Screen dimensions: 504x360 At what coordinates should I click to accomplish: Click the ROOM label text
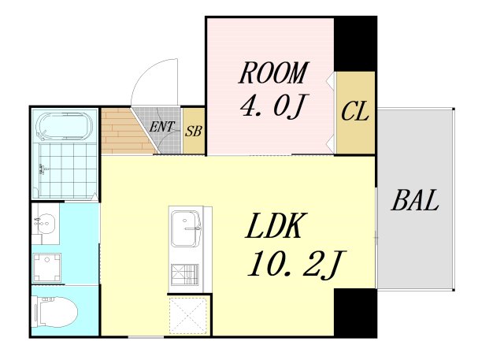coord(273,72)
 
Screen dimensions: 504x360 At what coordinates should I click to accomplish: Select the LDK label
coord(275,225)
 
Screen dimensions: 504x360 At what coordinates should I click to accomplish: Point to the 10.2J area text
coord(296,264)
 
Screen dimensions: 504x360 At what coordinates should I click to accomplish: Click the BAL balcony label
coord(415,200)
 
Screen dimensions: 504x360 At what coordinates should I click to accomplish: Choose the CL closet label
coord(354,112)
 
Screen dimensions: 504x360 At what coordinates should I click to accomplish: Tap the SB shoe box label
coord(193,131)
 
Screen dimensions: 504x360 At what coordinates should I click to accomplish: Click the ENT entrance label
coord(161,127)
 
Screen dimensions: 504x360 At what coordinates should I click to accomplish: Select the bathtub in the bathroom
coord(65,126)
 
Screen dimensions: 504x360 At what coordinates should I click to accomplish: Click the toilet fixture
coord(56,311)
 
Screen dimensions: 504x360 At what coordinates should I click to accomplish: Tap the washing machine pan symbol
coord(47,267)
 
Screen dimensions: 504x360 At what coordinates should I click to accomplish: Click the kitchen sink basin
coord(186,228)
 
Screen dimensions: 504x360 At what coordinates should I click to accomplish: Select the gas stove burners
coord(184,274)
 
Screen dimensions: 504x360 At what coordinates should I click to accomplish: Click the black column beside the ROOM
coord(355,43)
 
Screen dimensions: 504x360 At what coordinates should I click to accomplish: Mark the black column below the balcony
coord(355,313)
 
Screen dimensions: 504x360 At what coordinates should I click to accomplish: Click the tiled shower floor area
coord(67,170)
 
